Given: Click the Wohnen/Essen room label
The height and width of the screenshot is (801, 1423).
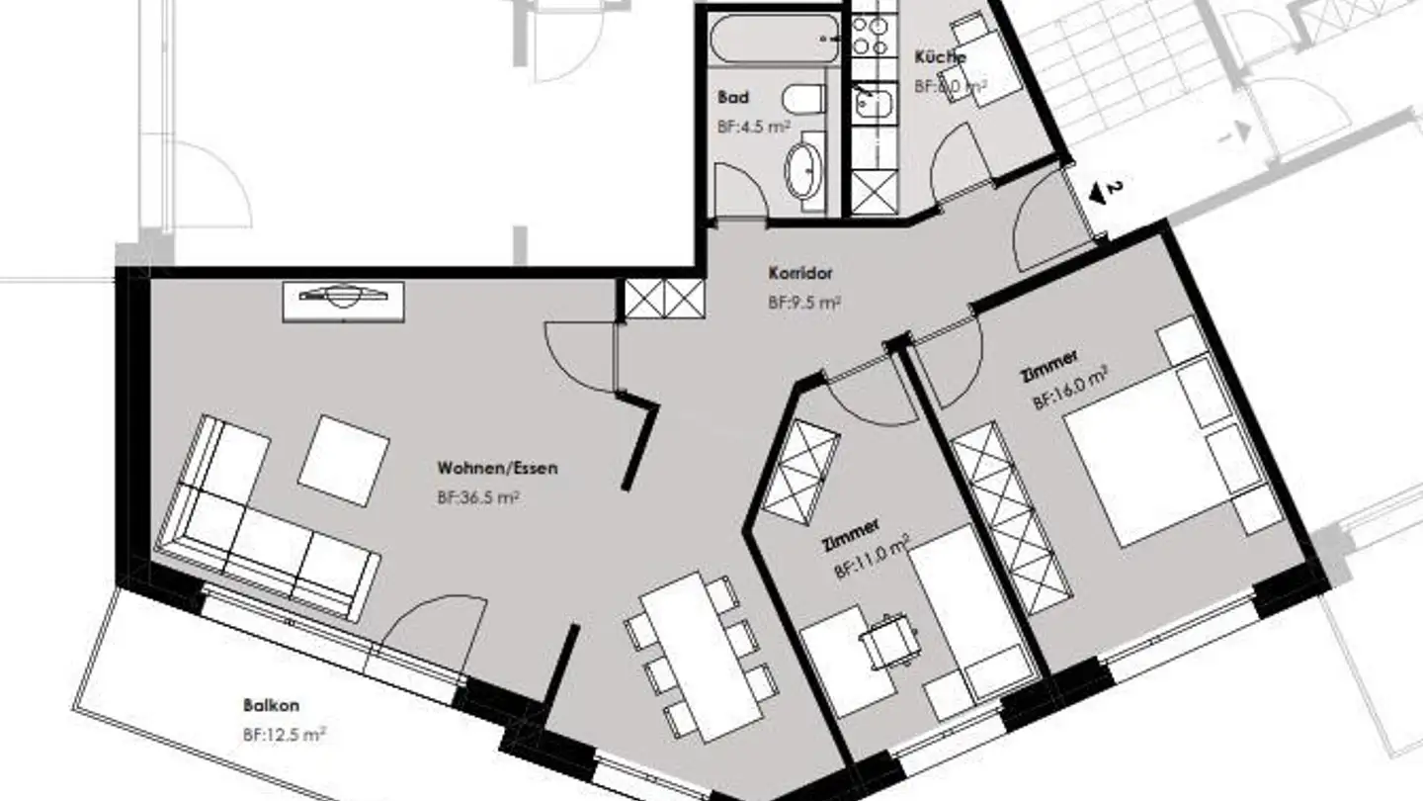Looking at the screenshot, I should pyautogui.click(x=497, y=468).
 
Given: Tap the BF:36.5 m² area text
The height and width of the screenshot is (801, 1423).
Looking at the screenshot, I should pyautogui.click(x=478, y=498).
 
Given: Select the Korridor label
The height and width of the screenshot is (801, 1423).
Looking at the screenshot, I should pyautogui.click(x=800, y=273).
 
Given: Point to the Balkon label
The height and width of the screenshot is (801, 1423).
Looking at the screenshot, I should pyautogui.click(x=271, y=706).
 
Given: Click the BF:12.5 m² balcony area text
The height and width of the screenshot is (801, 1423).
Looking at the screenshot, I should pyautogui.click(x=285, y=735).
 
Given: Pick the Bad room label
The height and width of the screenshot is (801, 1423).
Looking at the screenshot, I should pyautogui.click(x=733, y=97).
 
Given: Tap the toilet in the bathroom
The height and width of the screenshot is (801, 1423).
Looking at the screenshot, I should pyautogui.click(x=803, y=98).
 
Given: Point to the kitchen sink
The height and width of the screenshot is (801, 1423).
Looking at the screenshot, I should pyautogui.click(x=874, y=103).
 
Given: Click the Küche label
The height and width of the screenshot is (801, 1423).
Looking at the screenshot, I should pyautogui.click(x=940, y=57).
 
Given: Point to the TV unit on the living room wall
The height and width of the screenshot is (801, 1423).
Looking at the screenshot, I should pyautogui.click(x=343, y=300).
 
